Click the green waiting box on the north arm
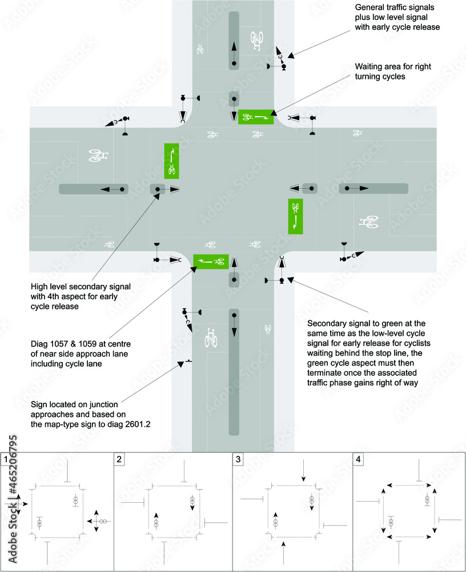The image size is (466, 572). pos(256,117)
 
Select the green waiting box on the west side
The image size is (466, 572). pos(172,161)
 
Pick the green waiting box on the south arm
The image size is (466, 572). pos(211,261)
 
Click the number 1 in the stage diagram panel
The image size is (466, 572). pos(6,459)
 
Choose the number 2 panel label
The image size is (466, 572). pos(119,459)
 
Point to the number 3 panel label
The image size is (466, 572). pos(238,459)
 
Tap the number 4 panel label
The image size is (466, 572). pos(357,459)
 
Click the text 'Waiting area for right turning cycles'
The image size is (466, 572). pos(393,71)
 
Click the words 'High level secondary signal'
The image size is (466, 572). pos(82,286)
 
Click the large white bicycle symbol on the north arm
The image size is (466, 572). pos(258,40)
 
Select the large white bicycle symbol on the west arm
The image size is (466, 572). pos(99,156)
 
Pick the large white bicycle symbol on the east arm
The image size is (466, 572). pos(368,221)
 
